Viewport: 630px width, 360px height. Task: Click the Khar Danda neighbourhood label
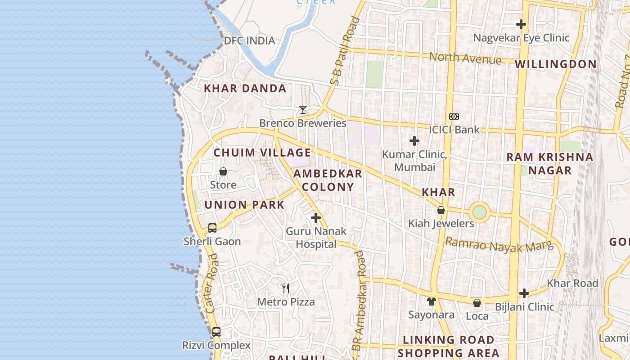click(x=245, y=89)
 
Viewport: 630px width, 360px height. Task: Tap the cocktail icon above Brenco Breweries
click(x=303, y=110)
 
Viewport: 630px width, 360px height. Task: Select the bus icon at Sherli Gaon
click(x=212, y=228)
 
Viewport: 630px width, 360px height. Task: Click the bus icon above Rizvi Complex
click(x=216, y=332)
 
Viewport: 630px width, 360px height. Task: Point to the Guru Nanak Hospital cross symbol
click(x=316, y=218)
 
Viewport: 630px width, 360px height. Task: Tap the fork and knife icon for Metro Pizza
click(x=286, y=288)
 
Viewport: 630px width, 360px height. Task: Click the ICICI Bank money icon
click(x=454, y=117)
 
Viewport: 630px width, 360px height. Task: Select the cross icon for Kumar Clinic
click(x=414, y=141)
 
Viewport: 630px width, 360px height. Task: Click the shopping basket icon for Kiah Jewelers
click(x=441, y=210)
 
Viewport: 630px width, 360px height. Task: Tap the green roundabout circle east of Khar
click(x=480, y=211)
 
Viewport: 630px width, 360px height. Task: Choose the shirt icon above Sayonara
click(x=432, y=301)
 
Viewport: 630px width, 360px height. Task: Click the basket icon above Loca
click(x=477, y=303)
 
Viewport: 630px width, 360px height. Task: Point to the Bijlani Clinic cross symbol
click(x=524, y=294)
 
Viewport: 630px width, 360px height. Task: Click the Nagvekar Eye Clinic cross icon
click(x=521, y=24)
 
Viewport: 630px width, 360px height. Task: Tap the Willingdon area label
click(x=556, y=64)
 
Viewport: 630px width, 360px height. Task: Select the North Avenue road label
click(x=465, y=58)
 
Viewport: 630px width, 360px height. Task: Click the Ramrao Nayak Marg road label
click(x=499, y=246)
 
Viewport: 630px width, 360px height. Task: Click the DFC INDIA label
click(x=249, y=41)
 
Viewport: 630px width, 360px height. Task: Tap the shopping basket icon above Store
click(x=223, y=171)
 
